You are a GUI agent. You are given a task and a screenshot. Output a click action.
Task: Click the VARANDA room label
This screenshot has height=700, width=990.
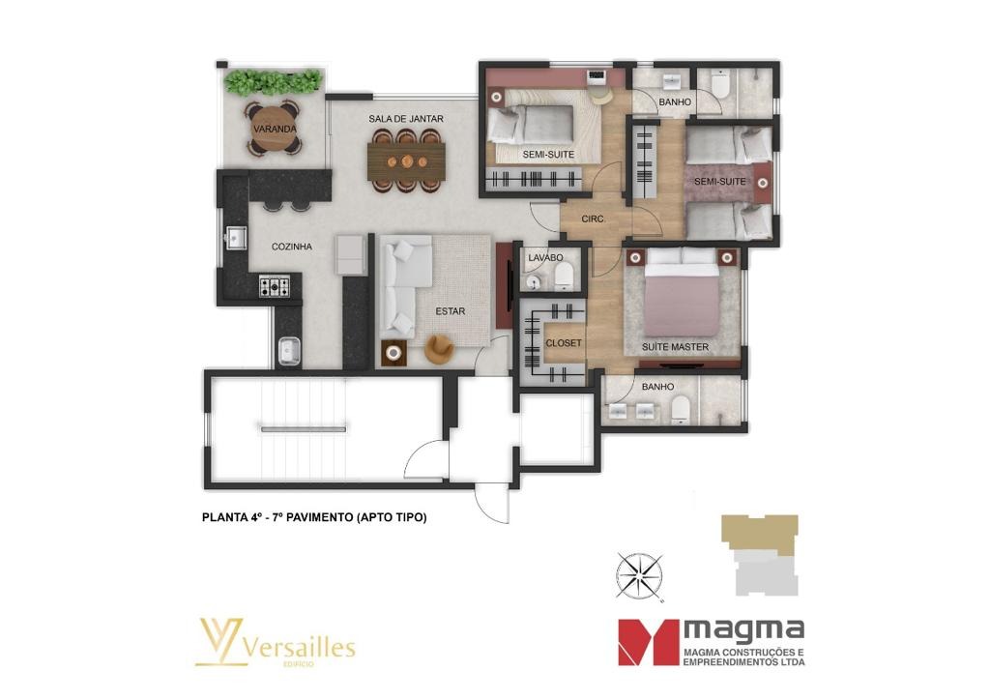(x=275, y=129)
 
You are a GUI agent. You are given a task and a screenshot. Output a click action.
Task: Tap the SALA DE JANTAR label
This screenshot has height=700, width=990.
(x=405, y=119)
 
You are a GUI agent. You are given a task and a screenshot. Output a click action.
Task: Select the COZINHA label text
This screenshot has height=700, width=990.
(x=291, y=247)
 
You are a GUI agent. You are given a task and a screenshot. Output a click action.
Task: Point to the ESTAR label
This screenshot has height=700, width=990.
(x=450, y=311)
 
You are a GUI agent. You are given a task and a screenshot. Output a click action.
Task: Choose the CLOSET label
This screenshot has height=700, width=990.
(x=564, y=343)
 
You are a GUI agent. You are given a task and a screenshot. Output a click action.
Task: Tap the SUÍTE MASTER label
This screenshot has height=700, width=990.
(x=676, y=346)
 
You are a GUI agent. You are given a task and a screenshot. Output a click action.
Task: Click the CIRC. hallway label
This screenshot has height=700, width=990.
(x=593, y=219)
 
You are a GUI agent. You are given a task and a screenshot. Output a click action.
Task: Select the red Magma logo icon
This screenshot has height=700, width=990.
(x=649, y=641)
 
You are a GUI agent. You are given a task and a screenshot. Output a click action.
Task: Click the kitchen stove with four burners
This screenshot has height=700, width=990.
(x=274, y=285)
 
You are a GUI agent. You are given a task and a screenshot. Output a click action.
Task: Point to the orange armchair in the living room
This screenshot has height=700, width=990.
(x=440, y=347)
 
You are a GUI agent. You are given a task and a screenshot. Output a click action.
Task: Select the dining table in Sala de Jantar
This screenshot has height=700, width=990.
(x=405, y=160)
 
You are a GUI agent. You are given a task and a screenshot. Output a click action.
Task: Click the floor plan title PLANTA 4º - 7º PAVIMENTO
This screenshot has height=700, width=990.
(x=314, y=517)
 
